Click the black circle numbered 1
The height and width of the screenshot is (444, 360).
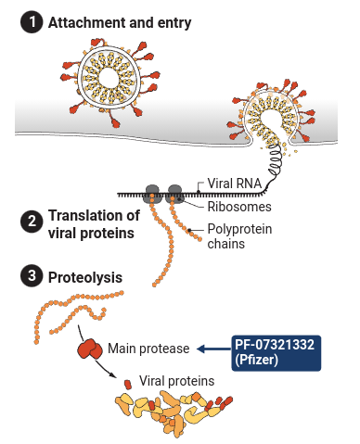point(32,22)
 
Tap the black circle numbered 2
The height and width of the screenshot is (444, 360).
point(32,222)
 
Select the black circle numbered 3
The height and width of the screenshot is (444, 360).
point(32,276)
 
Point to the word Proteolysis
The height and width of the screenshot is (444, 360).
point(85,277)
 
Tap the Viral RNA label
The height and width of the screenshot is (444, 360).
point(234,184)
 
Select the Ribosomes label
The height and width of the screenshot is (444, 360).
point(239,207)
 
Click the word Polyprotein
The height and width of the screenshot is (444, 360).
point(239,229)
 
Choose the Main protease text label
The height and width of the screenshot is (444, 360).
point(148,349)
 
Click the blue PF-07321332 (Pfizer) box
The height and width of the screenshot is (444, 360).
point(276,353)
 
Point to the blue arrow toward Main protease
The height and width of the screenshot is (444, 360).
point(214,349)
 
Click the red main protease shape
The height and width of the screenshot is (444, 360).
point(90,349)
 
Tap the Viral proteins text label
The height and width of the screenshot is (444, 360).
point(176,381)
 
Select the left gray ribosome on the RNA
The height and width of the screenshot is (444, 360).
point(151,194)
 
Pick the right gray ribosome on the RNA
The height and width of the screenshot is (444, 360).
point(174,194)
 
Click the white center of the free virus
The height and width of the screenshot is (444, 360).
point(109,79)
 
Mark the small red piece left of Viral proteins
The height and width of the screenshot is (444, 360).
point(128,385)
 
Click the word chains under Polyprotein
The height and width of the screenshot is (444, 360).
point(225,244)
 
